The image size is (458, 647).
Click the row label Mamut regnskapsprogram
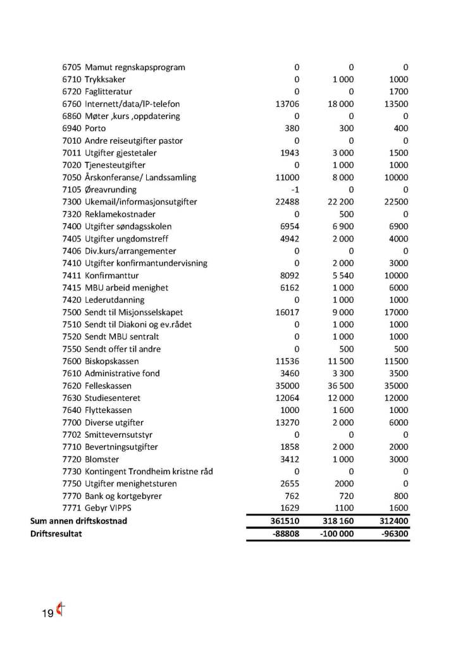(x=135, y=68)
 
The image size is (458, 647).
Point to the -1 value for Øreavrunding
(x=295, y=190)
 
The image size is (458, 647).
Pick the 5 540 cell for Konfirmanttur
(x=342, y=276)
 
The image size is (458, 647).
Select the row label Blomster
(x=102, y=459)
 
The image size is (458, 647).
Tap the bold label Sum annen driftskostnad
(x=80, y=521)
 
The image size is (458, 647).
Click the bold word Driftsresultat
(x=57, y=533)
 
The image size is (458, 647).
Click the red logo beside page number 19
(x=61, y=610)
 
